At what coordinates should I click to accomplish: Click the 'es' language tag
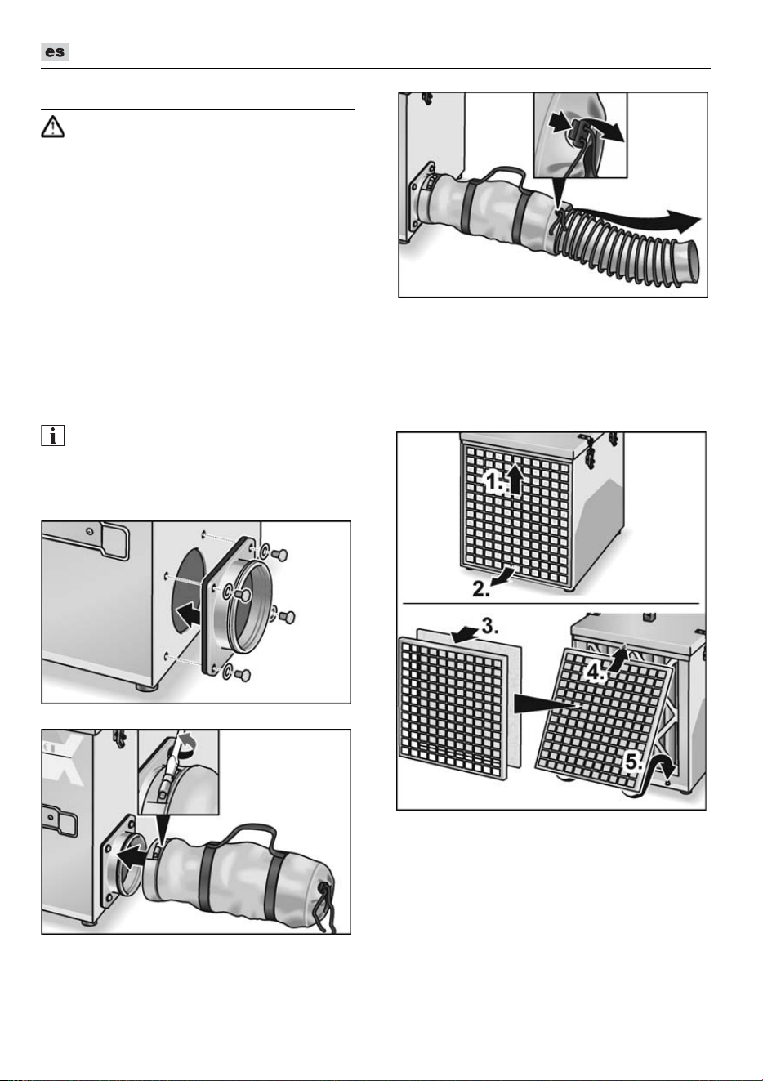[x=55, y=52]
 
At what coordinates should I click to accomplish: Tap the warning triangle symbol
[x=52, y=127]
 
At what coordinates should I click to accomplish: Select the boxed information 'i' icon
[x=52, y=436]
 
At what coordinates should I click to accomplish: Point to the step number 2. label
[x=481, y=588]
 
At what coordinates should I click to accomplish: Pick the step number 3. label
[x=490, y=626]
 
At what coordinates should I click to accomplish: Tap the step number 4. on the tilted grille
[x=597, y=672]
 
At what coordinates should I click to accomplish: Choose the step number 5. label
[x=634, y=763]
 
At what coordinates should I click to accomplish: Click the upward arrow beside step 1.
[x=516, y=479]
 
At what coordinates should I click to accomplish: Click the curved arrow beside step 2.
[x=506, y=574]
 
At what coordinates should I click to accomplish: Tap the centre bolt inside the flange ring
[x=243, y=596]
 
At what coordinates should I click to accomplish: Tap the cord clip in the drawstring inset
[x=579, y=130]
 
